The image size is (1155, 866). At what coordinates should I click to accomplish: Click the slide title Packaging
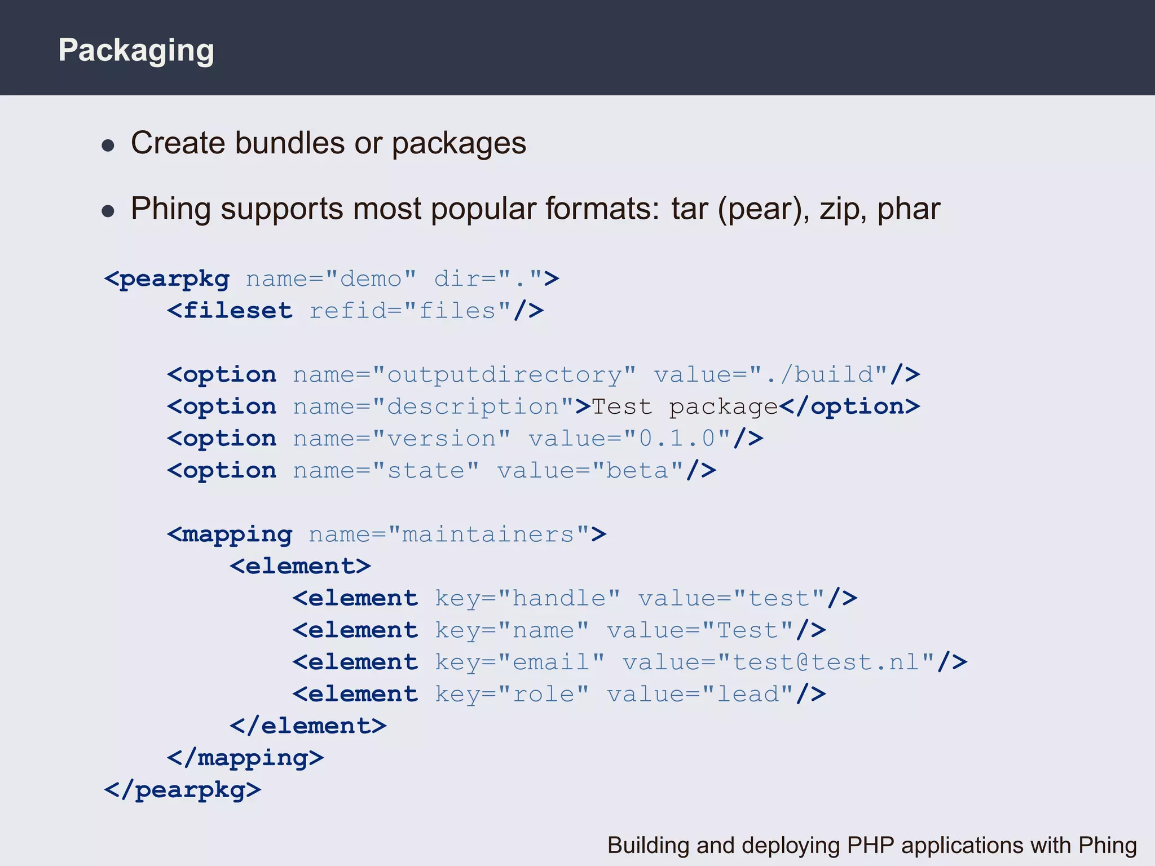pyautogui.click(x=136, y=51)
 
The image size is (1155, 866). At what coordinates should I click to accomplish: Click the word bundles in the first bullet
pyautogui.click(x=289, y=143)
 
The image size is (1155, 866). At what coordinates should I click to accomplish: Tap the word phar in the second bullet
pyautogui.click(x=909, y=209)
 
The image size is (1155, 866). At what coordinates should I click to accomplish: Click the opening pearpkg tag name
pyautogui.click(x=174, y=279)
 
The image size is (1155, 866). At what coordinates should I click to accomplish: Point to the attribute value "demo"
pyautogui.click(x=371, y=279)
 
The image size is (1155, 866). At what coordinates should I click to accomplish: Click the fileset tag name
pyautogui.click(x=237, y=311)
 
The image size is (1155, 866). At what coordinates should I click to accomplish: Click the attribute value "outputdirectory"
pyautogui.click(x=504, y=375)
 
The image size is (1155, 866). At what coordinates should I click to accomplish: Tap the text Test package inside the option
pyautogui.click(x=684, y=407)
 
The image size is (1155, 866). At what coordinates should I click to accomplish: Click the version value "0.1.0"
pyautogui.click(x=677, y=439)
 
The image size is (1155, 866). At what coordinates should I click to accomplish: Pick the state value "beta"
pyautogui.click(x=637, y=471)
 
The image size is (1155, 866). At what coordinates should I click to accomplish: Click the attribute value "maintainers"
pyautogui.click(x=488, y=534)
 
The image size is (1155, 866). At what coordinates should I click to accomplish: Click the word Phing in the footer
pyautogui.click(x=1107, y=846)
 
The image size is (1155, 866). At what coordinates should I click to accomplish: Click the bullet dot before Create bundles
pyautogui.click(x=108, y=146)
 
